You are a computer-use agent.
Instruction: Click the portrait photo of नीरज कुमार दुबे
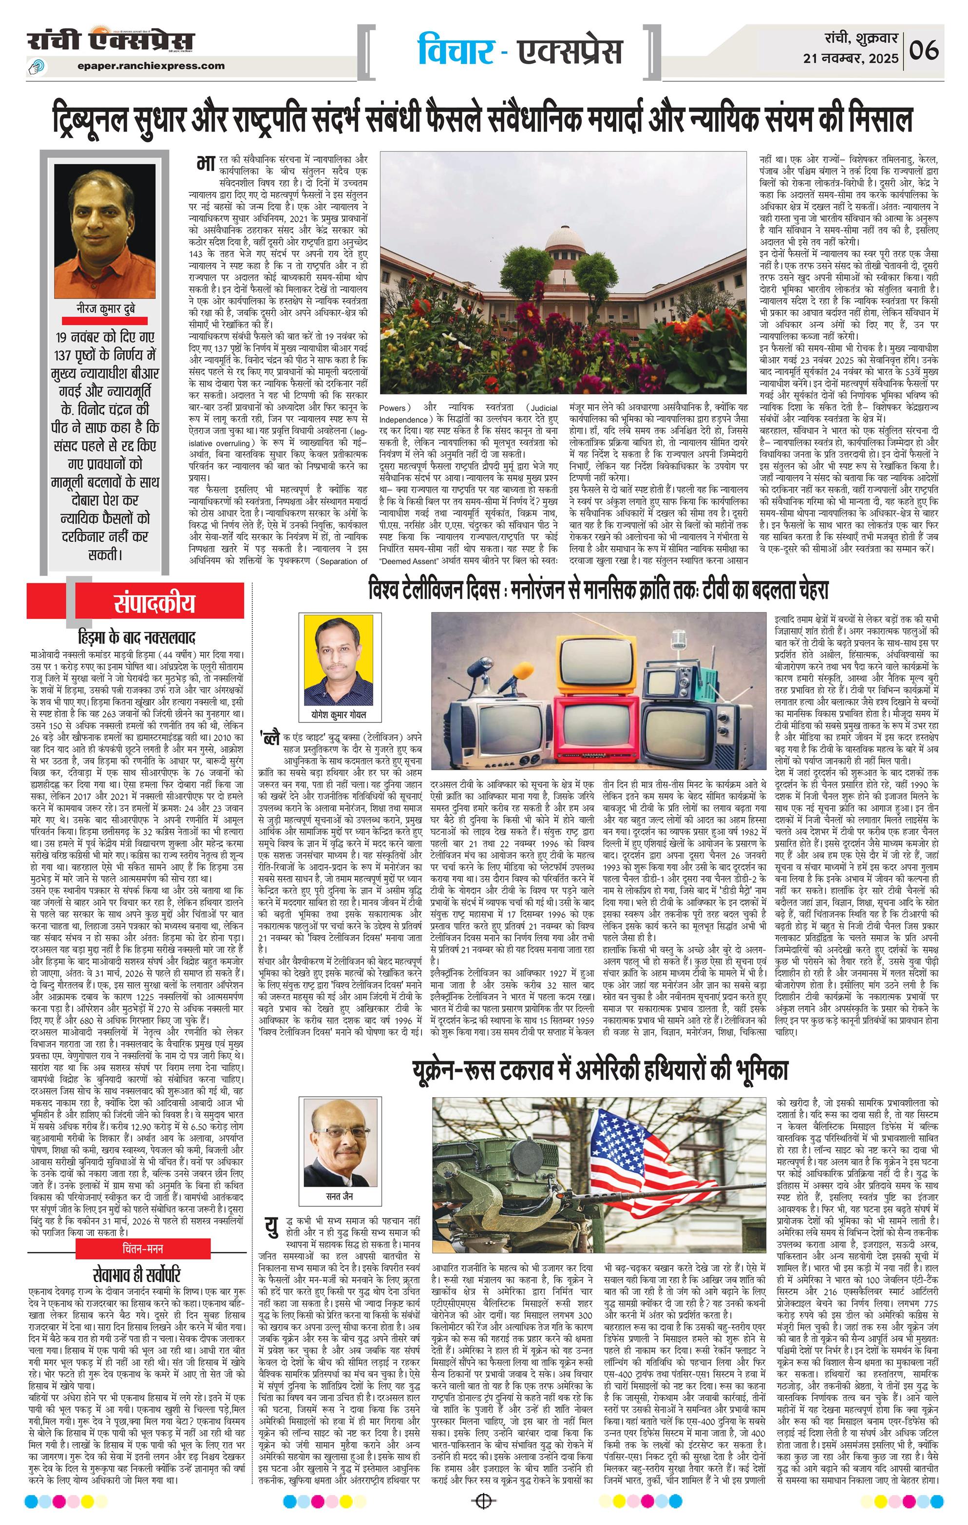pos(104,229)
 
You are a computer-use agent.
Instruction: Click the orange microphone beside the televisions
pos(523,670)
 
